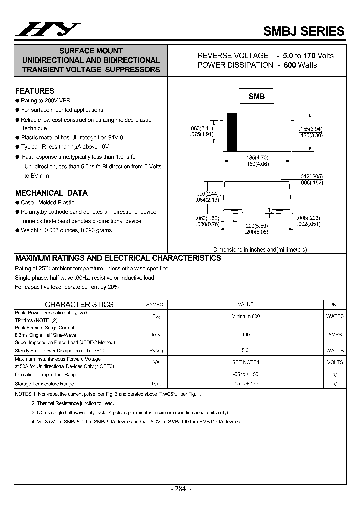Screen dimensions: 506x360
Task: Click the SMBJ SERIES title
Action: point(304,31)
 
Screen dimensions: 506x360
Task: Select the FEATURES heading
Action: point(35,91)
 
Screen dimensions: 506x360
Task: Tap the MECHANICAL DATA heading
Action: point(51,193)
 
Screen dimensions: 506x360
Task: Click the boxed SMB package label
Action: point(257,97)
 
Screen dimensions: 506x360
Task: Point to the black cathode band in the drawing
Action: point(232,132)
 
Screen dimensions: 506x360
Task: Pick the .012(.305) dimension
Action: point(311,176)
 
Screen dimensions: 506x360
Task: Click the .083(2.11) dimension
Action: point(202,129)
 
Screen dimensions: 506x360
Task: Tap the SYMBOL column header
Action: point(156,304)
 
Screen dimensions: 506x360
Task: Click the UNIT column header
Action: point(335,304)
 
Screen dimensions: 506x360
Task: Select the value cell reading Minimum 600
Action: point(245,316)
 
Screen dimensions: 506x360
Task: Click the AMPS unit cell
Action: point(335,335)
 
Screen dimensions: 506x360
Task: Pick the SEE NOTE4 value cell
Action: point(245,362)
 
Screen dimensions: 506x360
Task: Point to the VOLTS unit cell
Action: point(335,362)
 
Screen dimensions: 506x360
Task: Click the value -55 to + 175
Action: point(245,384)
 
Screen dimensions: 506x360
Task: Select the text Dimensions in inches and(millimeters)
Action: point(260,249)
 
